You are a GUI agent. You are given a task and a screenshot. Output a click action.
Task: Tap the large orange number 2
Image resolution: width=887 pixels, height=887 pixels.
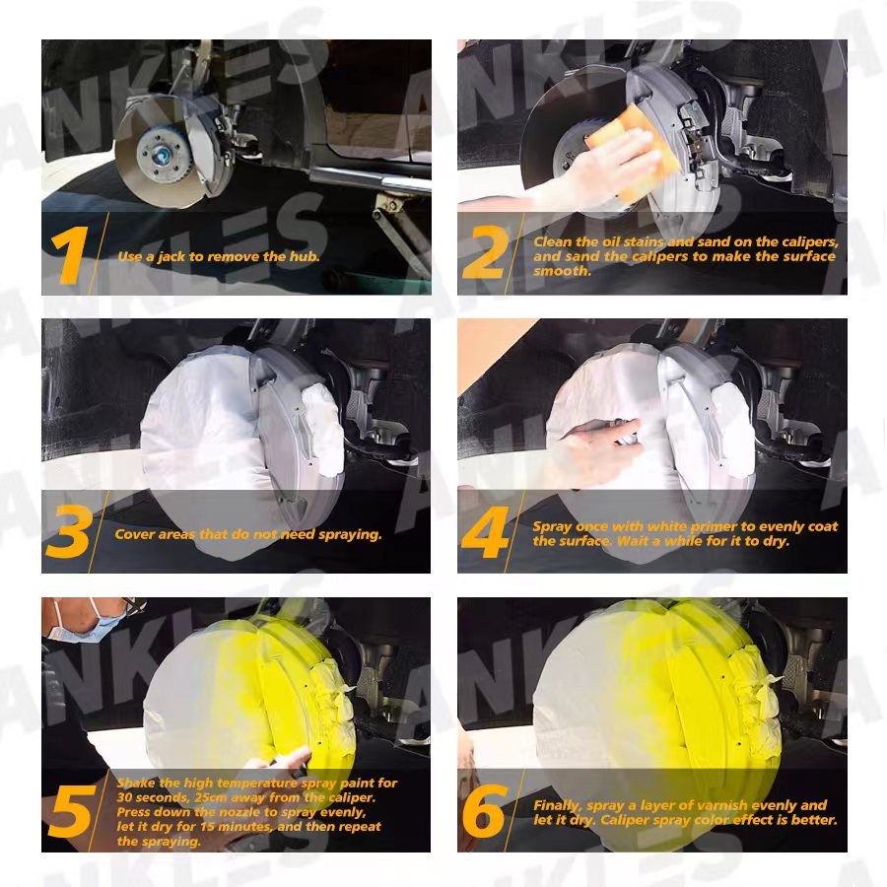[x=485, y=252]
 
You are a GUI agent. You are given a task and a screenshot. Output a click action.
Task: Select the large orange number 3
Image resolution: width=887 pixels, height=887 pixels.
[x=69, y=531]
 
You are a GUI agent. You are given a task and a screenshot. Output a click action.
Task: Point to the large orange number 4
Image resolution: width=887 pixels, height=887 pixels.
[x=485, y=532]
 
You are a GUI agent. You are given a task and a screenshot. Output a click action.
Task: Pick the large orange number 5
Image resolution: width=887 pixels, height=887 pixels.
[x=72, y=811]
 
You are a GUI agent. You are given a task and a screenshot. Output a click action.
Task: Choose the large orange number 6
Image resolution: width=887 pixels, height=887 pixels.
[x=484, y=811]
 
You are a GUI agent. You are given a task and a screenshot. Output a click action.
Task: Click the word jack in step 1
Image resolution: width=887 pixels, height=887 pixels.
[x=171, y=257]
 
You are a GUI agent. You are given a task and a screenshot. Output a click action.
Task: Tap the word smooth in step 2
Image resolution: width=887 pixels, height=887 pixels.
[x=561, y=271]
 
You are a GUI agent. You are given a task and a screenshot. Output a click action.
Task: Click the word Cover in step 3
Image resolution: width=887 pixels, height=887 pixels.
[x=132, y=534]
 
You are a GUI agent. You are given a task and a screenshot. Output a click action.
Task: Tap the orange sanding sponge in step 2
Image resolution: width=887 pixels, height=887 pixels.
[x=625, y=152]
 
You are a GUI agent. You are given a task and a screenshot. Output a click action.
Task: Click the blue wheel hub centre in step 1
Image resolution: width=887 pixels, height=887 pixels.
[x=161, y=153]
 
